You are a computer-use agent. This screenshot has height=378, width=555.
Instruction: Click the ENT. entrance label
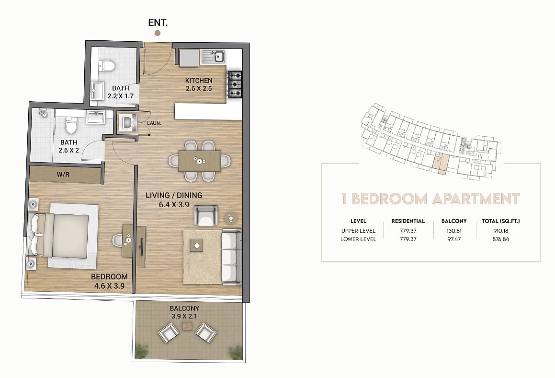[158, 23]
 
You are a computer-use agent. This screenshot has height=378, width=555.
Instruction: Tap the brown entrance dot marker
[158, 33]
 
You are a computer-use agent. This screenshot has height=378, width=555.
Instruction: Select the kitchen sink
[213, 57]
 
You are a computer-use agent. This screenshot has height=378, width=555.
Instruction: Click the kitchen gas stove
[235, 84]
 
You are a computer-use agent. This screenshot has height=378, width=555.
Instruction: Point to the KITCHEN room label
[199, 81]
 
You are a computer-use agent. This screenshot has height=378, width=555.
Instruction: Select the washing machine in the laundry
[127, 122]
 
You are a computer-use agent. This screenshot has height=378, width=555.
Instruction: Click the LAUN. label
[154, 123]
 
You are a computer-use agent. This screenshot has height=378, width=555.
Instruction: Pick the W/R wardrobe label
[63, 175]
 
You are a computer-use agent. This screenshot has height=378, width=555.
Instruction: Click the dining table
[200, 161]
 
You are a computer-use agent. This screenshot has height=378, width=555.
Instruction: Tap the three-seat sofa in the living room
[232, 257]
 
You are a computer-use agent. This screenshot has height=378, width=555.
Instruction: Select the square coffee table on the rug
[196, 246]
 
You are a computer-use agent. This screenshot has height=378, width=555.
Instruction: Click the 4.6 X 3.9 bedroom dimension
[109, 286]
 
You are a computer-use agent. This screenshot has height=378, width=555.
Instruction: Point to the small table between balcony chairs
[187, 326]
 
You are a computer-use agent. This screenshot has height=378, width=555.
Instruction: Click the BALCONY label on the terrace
[184, 308]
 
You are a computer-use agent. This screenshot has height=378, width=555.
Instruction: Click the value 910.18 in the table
[501, 231]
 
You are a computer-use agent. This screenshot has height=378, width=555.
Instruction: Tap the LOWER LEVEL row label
[358, 239]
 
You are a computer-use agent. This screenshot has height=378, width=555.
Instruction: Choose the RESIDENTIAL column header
[408, 221]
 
